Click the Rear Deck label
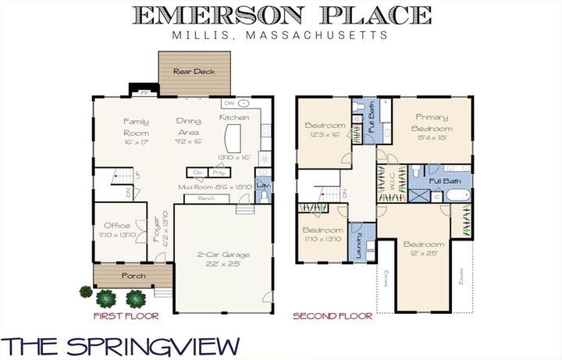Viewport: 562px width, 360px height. [x=194, y=71]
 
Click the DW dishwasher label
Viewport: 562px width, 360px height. [x=228, y=103]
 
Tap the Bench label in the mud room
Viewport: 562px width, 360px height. [x=206, y=198]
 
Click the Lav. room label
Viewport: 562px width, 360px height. [x=263, y=186]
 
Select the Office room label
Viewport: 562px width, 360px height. [x=116, y=225]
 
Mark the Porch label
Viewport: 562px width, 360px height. [x=132, y=276]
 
